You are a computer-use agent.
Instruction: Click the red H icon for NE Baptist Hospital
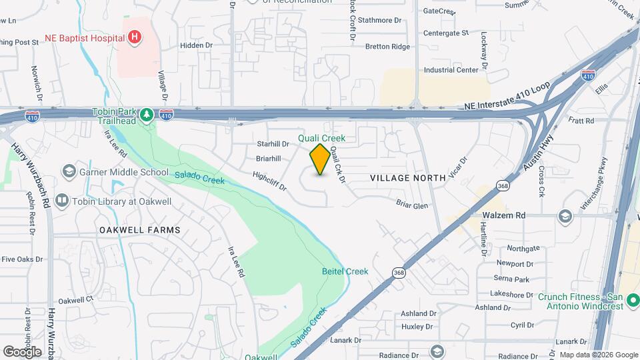click(135, 37)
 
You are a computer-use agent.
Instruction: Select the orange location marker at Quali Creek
click(320, 159)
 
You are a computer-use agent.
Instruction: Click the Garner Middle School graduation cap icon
click(68, 172)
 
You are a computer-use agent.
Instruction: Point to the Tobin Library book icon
click(62, 200)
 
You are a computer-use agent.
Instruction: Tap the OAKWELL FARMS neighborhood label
click(139, 229)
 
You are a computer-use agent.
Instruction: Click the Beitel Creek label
click(345, 271)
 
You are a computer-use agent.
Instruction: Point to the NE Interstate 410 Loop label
click(507, 106)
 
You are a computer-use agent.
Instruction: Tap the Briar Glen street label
click(412, 205)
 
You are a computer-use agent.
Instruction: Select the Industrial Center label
click(451, 70)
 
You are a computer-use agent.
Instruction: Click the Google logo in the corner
click(22, 351)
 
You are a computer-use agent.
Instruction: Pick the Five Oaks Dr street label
click(22, 259)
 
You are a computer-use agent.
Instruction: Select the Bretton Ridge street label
click(387, 47)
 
